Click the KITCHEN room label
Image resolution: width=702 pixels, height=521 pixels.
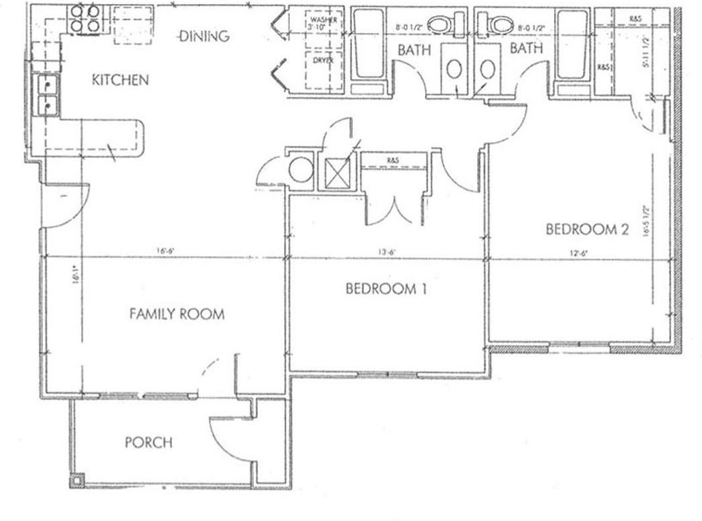(x=120, y=80)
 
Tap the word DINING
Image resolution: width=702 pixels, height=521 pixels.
(x=204, y=36)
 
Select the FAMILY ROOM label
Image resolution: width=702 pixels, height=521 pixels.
(x=177, y=314)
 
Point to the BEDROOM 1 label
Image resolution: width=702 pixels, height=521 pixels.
(x=386, y=289)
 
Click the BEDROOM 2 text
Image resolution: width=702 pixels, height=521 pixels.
(x=586, y=229)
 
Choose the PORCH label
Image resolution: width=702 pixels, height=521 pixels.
(x=148, y=442)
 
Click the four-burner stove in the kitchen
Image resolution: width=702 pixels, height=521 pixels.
(x=85, y=19)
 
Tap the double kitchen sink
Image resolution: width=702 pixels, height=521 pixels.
(x=48, y=95)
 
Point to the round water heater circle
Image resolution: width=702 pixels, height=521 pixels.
(x=300, y=169)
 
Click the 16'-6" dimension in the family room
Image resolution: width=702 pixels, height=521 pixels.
(x=166, y=251)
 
